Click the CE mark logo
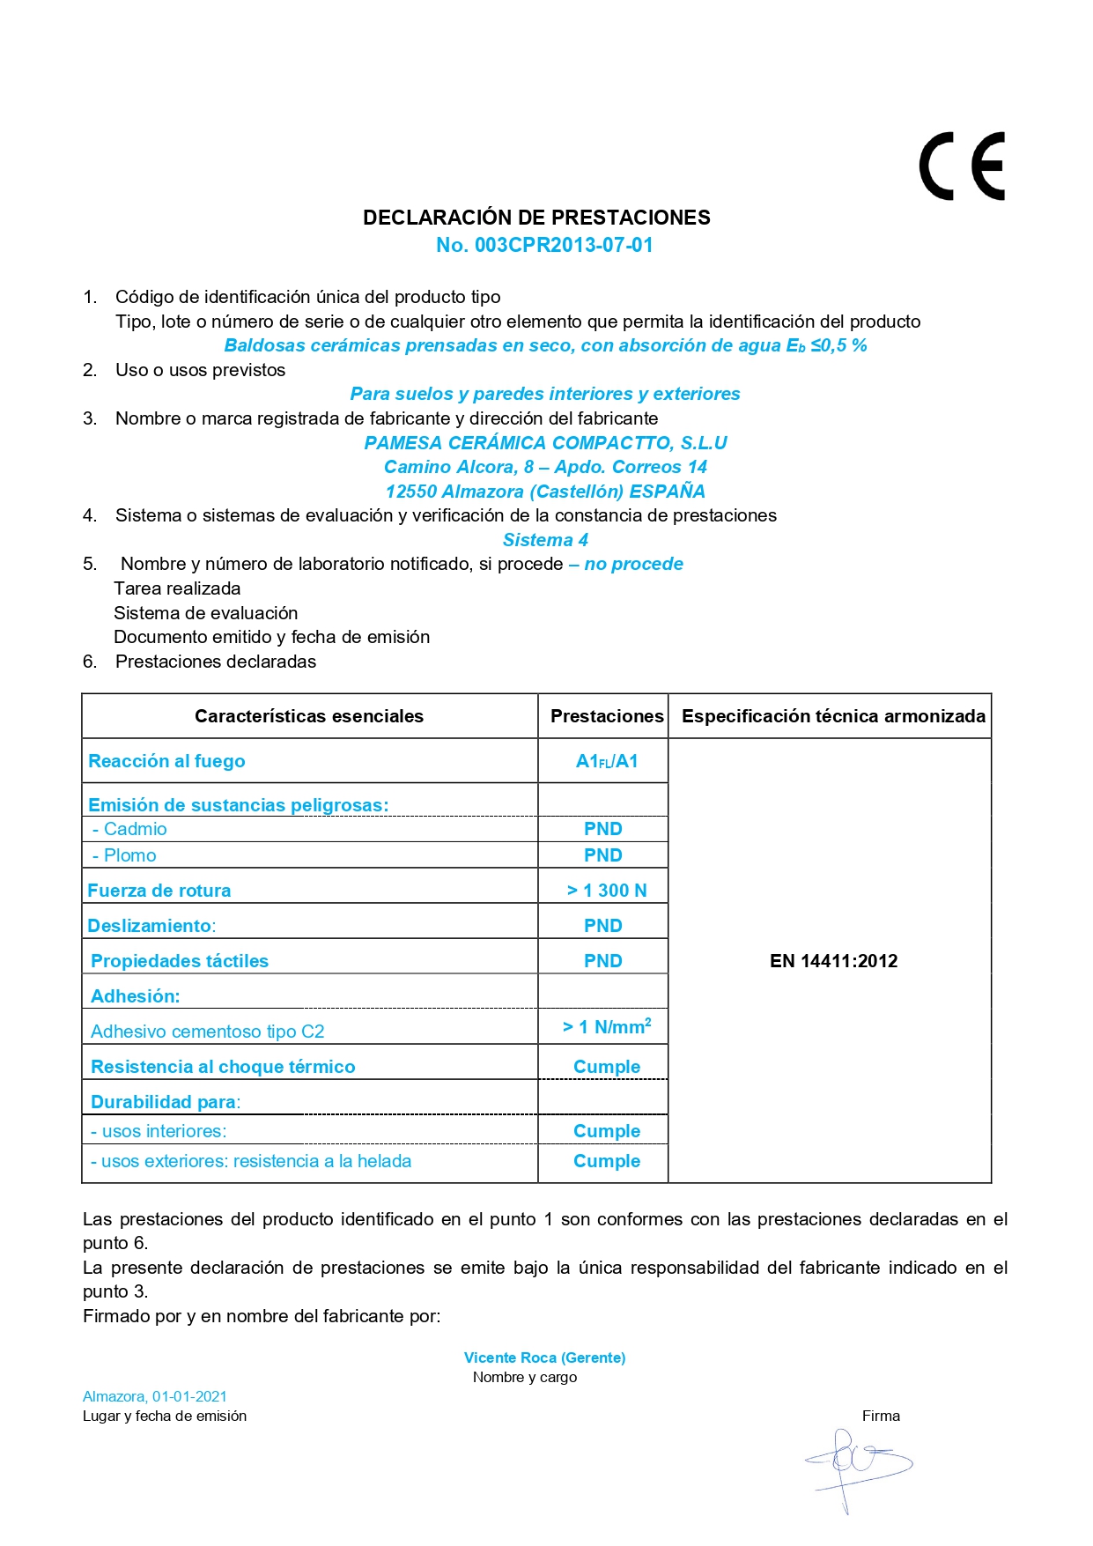coord(962,166)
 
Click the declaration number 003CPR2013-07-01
coord(544,246)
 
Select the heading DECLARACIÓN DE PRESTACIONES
coord(536,218)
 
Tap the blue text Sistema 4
coord(545,540)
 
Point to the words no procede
coord(633,564)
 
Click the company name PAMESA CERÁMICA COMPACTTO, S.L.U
coord(545,443)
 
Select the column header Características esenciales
coord(309,716)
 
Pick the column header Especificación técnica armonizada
coord(833,716)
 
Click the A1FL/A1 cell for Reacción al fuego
coord(607,761)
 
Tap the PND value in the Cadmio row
coord(603,829)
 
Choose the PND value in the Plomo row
coord(603,855)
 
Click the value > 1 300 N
coord(607,891)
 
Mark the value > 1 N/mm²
coord(607,1027)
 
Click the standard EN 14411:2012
coord(833,961)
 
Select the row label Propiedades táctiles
coord(180,961)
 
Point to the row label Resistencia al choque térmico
coord(223,1067)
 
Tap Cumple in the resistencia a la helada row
coord(607,1161)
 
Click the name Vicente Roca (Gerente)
coord(544,1357)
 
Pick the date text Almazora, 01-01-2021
coord(155,1396)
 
